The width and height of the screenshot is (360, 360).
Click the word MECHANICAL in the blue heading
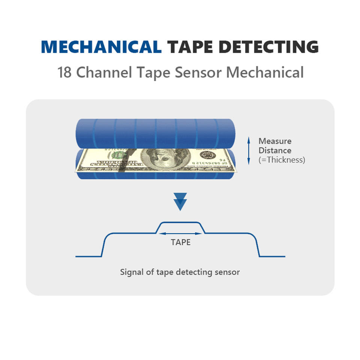coord(101,47)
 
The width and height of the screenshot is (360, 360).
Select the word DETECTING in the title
coord(268,47)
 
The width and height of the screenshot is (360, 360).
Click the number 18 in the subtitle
coord(65,72)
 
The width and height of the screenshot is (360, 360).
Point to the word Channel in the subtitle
coord(104,72)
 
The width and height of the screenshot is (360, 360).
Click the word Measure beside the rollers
coord(275,141)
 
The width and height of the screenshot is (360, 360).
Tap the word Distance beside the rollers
coord(275,150)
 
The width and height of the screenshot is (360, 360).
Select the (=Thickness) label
coord(282,160)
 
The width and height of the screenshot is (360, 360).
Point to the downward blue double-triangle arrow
coord(180,201)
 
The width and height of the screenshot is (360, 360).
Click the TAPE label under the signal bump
coord(181,242)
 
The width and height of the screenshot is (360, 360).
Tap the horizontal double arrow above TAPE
coord(181,233)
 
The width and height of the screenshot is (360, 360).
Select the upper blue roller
coord(155,133)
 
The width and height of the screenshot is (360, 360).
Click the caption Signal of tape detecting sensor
coord(180,272)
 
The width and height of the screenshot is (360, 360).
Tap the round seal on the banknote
coord(206,155)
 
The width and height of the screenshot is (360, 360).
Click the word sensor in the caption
coord(226,272)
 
